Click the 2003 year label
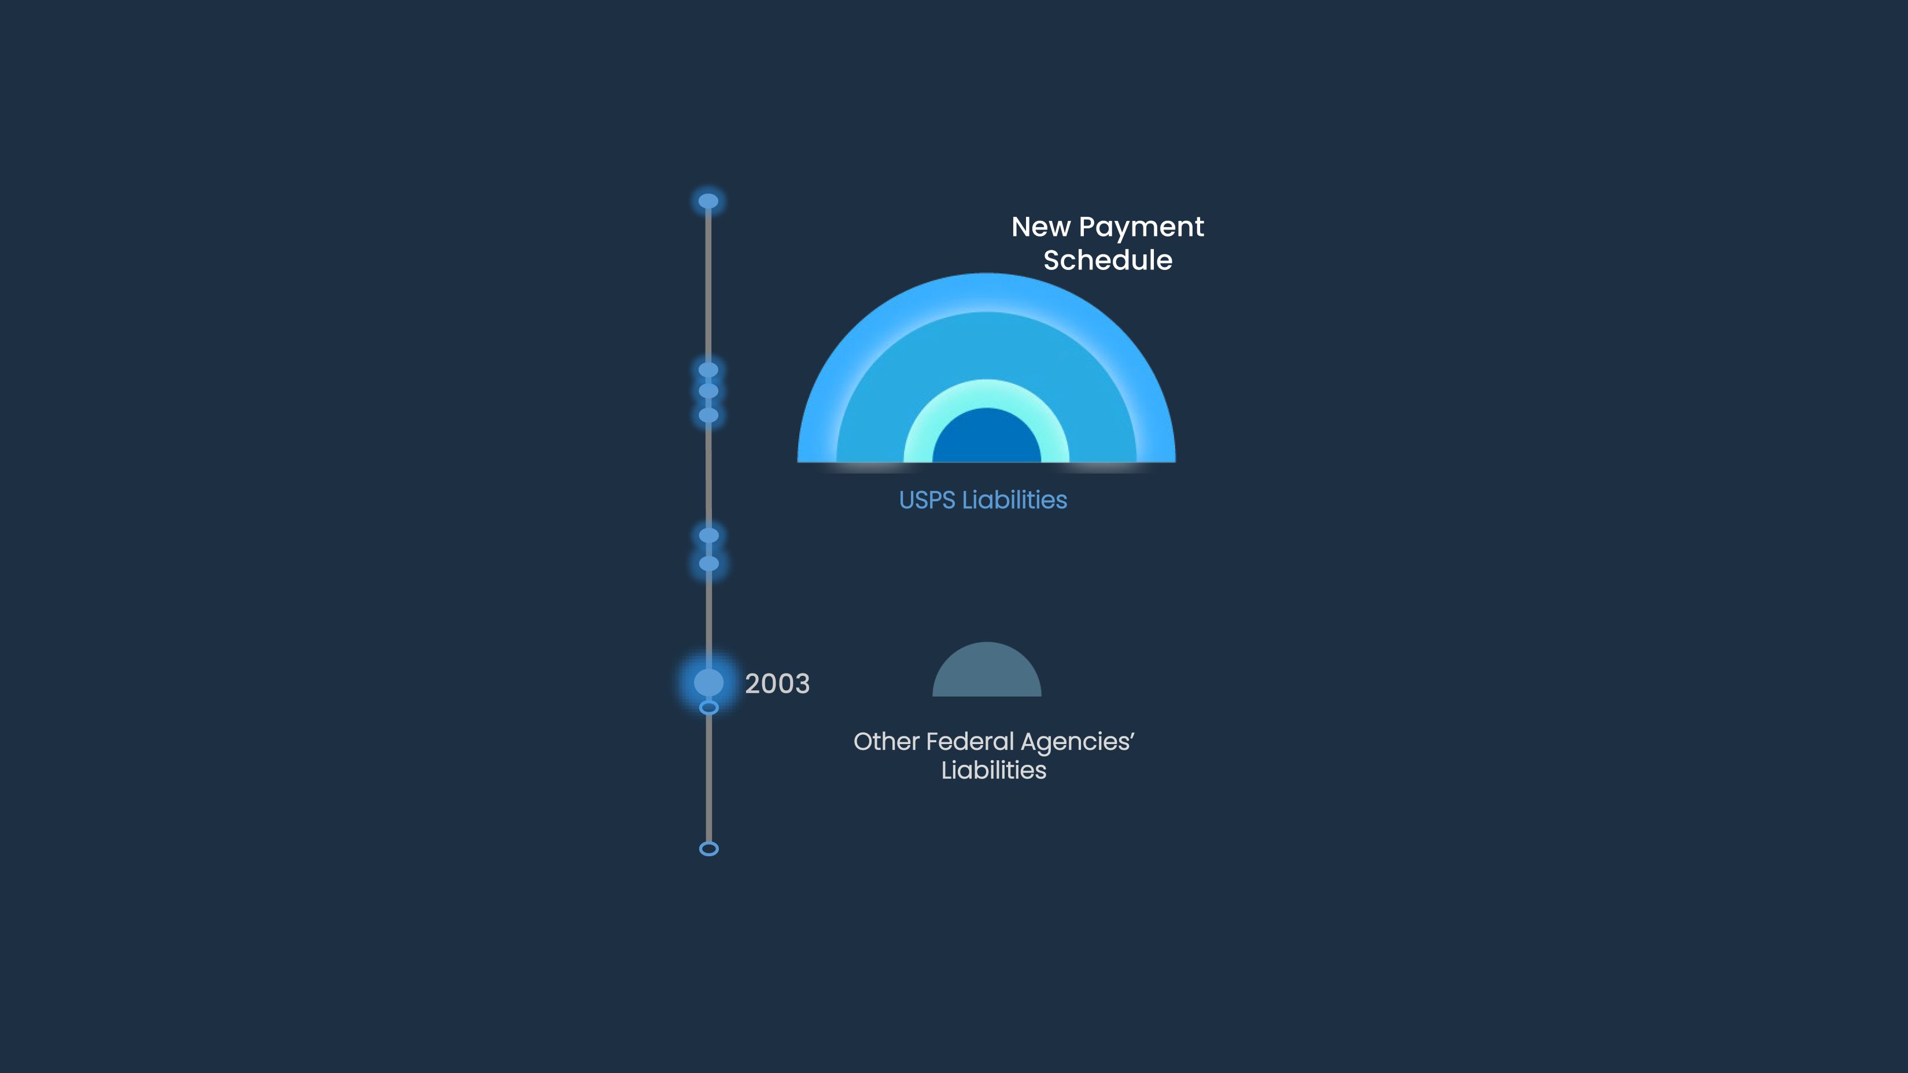click(x=777, y=683)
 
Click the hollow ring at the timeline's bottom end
click(x=709, y=849)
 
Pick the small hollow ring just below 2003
click(x=709, y=708)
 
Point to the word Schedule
click(x=1108, y=261)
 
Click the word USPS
click(x=927, y=501)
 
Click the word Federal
click(x=969, y=741)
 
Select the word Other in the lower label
click(x=886, y=741)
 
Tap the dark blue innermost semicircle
click(x=987, y=438)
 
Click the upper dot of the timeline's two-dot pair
click(x=709, y=535)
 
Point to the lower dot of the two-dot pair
click(x=709, y=564)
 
